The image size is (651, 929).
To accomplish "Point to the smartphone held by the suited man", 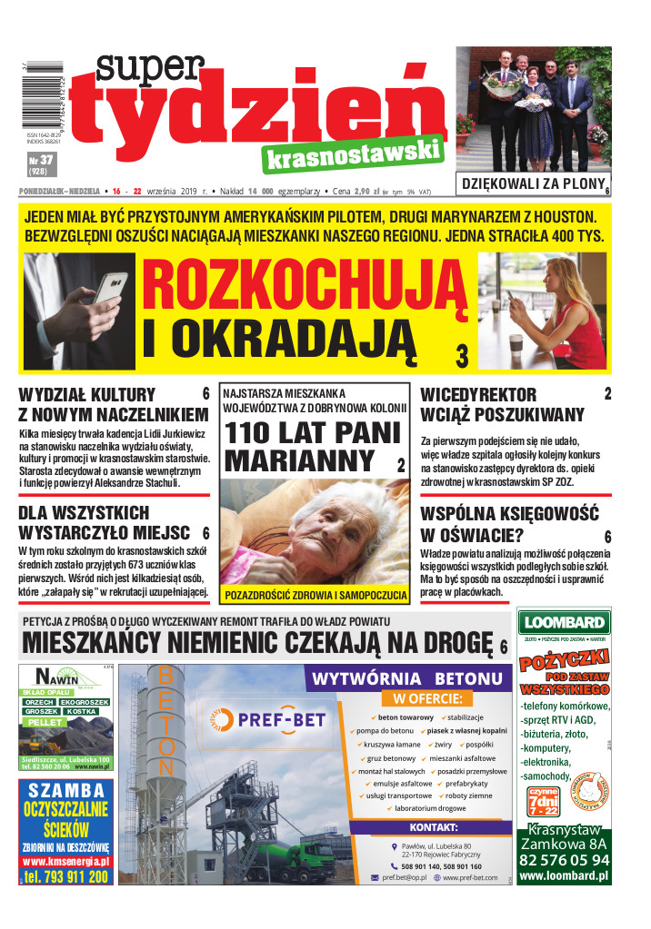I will click(x=109, y=288).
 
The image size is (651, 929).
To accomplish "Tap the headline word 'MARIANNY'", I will click(x=300, y=460).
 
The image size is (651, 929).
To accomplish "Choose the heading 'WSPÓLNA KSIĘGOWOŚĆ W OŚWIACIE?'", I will click(x=509, y=524).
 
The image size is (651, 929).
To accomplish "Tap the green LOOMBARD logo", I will click(x=563, y=623).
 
